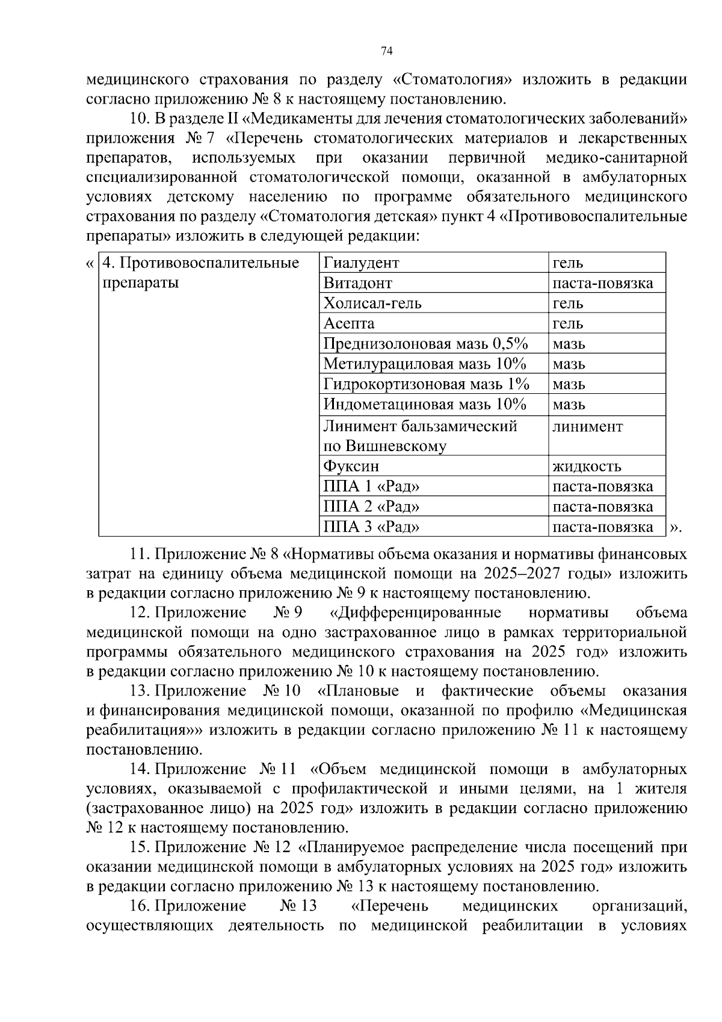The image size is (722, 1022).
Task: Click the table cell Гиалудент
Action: (361, 263)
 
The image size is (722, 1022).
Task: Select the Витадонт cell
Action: (357, 283)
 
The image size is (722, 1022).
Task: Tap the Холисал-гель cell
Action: (372, 303)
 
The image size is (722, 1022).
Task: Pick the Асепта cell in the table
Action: (349, 323)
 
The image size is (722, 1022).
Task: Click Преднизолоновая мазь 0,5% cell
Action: (425, 344)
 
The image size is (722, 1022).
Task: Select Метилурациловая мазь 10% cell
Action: (425, 364)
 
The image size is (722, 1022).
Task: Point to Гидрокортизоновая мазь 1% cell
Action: (426, 384)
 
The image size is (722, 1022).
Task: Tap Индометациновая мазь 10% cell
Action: (425, 404)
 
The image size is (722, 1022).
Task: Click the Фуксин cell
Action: (351, 466)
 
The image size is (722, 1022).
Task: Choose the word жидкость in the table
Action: (587, 466)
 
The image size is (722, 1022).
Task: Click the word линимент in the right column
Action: (587, 426)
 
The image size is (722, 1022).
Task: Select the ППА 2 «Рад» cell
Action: (371, 506)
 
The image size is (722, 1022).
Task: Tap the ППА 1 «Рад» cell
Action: (371, 487)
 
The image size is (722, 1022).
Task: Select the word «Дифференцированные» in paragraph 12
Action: (416, 613)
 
